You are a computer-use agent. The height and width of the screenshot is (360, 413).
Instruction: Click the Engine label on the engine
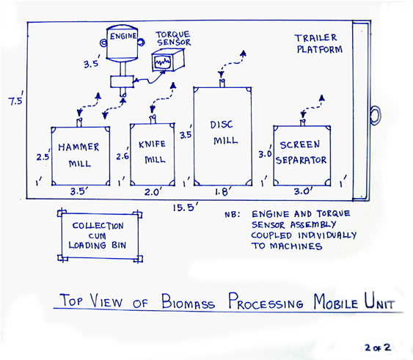pos(123,36)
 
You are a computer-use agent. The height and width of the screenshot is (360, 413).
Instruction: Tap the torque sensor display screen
pos(163,62)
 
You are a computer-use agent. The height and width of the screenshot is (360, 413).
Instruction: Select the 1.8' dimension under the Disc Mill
pos(223,191)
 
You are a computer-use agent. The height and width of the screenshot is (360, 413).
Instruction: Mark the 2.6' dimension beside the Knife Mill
pos(123,155)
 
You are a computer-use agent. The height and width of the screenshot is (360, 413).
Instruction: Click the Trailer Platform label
pos(319,44)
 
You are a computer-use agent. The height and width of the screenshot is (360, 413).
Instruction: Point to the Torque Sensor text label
pos(173,38)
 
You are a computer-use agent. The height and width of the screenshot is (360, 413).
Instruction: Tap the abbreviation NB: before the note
pos(232,214)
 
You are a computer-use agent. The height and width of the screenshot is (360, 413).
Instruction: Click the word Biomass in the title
pos(188,302)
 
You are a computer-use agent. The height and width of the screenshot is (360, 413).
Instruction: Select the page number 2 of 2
pos(378,348)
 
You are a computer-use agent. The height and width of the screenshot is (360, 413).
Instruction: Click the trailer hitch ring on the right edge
pos(375,115)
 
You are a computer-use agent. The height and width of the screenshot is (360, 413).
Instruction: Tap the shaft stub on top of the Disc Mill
pos(222,83)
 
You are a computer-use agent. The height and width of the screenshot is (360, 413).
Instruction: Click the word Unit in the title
pos(380,301)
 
